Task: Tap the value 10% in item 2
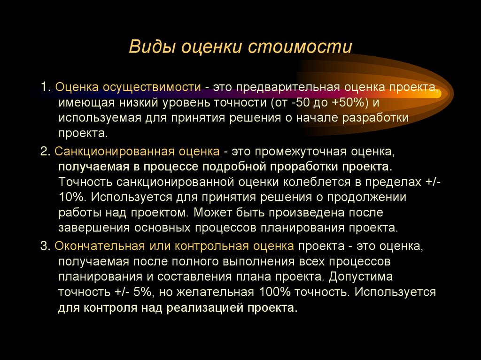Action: (69, 197)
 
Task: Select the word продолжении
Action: (365, 197)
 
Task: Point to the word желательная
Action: (213, 292)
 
